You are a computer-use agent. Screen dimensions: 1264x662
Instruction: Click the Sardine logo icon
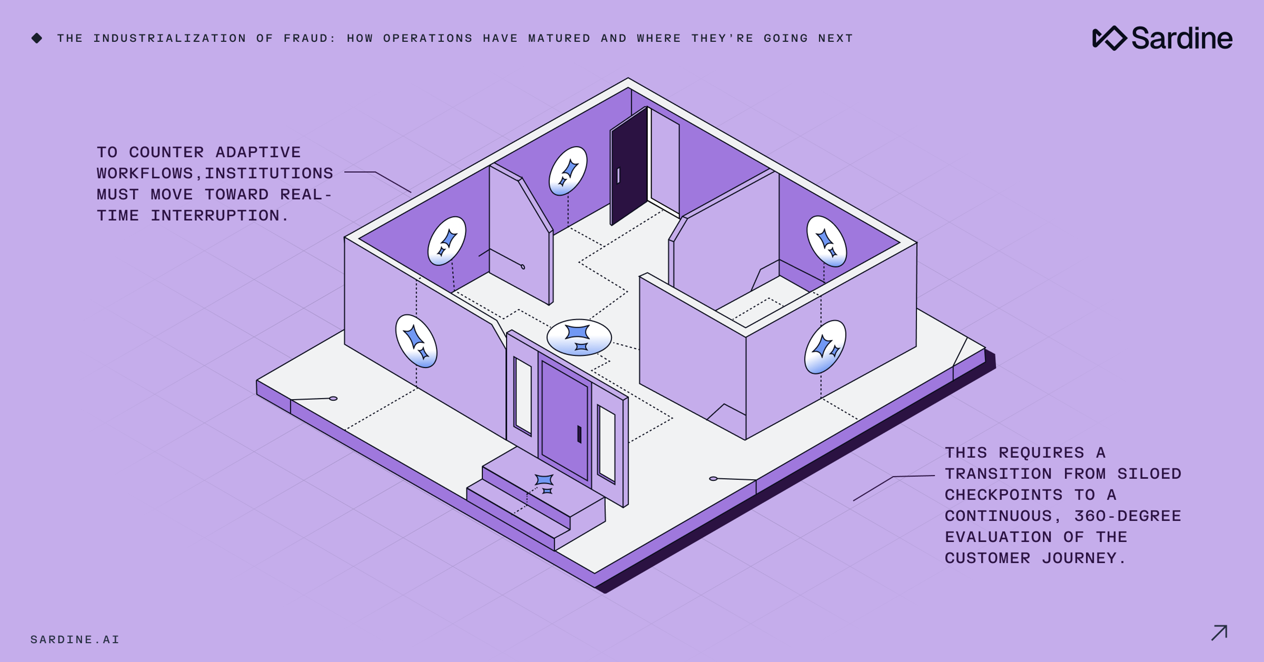(x=1109, y=38)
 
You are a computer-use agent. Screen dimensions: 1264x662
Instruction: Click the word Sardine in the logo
(x=1182, y=38)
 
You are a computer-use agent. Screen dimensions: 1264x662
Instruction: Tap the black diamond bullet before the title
(x=37, y=38)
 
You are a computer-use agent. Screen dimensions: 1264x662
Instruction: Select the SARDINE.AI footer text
(x=75, y=639)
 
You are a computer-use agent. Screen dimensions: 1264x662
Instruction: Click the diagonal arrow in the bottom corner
(x=1219, y=633)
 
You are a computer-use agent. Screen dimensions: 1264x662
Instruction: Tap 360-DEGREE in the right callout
(x=1127, y=516)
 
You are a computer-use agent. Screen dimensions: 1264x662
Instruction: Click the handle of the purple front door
(x=579, y=434)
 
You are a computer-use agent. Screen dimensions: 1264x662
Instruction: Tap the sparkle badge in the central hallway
(x=579, y=337)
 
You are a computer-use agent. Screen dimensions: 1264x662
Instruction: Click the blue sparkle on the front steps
(x=544, y=483)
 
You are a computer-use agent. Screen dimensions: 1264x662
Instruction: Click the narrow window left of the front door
(x=523, y=396)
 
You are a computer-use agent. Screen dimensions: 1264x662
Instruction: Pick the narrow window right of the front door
(x=607, y=443)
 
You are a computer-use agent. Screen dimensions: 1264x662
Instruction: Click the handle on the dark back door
(x=618, y=175)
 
